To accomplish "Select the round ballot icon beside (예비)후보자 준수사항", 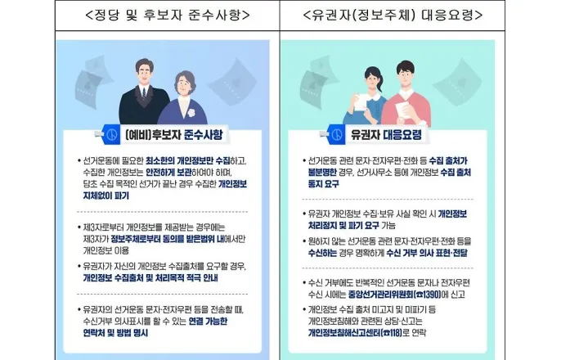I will click(112, 134).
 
